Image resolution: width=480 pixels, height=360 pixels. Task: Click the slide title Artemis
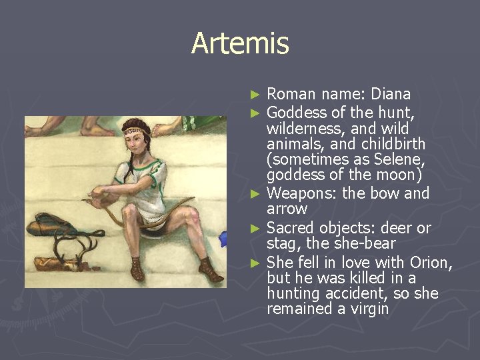coord(240,44)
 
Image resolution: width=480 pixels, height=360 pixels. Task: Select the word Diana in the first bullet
coord(391,93)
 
